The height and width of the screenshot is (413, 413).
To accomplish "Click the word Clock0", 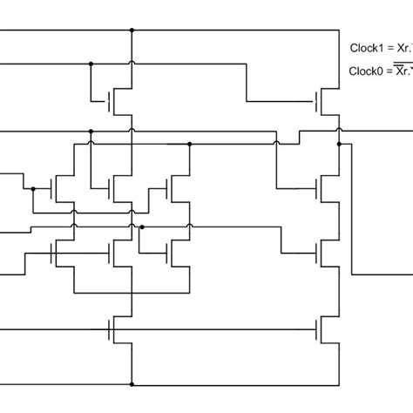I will (x=365, y=71).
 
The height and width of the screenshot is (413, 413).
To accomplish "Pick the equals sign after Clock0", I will (x=389, y=71).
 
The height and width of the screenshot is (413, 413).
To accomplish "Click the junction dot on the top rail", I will (x=132, y=31).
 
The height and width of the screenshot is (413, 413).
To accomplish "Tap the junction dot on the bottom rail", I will (x=132, y=383).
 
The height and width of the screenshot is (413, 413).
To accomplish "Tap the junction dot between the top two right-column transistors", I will (x=339, y=131).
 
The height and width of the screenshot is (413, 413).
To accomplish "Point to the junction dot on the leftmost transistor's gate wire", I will (x=32, y=187).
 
